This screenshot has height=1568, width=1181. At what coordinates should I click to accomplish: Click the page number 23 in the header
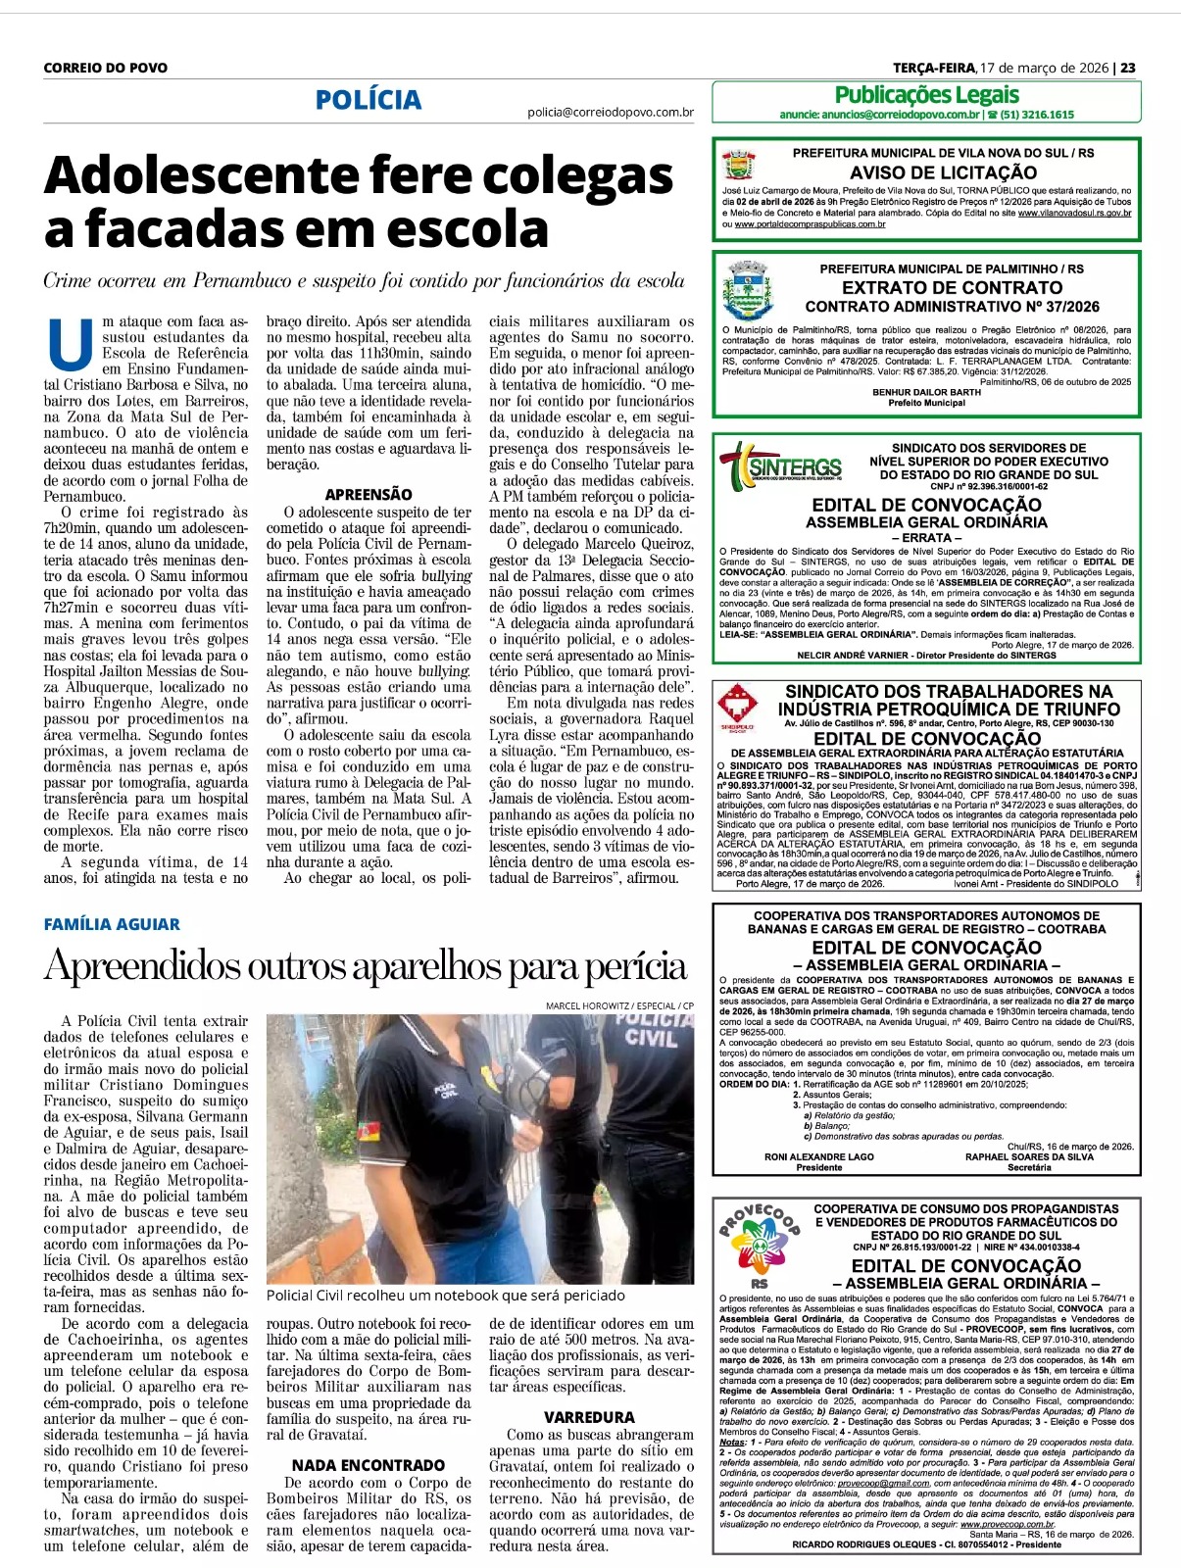pos(1128,68)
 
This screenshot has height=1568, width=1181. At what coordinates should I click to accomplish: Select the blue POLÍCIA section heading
pos(369,100)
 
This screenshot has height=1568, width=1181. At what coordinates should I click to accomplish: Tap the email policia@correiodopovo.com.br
pos(610,113)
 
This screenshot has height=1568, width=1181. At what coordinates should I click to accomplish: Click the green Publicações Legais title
pos(926,95)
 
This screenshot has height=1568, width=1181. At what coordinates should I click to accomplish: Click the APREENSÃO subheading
pos(369,495)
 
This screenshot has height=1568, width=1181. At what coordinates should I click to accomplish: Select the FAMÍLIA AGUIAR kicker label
pos(112,924)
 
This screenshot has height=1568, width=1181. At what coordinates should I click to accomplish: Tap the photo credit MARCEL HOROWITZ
pos(588,1005)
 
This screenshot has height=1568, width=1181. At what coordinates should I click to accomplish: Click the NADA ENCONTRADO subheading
pos(369,1465)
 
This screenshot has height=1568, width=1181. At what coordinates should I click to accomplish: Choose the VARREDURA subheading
pos(590,1417)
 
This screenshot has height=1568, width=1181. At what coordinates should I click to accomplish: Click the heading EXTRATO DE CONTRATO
pos(952,287)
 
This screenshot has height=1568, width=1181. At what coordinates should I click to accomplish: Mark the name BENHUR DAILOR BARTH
pos(926,392)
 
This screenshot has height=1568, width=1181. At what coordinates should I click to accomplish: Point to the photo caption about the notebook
pos(445,1296)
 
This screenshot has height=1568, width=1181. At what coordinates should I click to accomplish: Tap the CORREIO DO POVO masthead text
pos(106,68)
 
